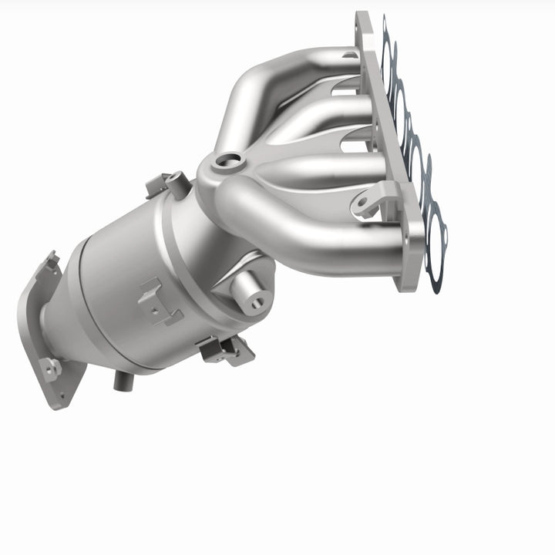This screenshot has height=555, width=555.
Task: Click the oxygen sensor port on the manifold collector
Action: pos(228,161)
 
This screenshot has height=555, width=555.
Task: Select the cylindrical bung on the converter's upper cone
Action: pos(249,292)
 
